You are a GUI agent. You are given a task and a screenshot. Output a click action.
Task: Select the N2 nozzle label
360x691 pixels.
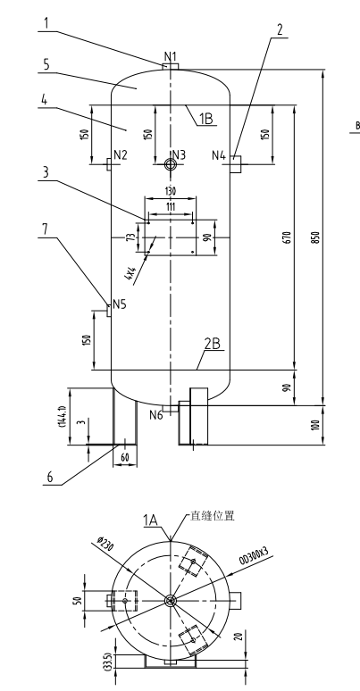click(120, 154)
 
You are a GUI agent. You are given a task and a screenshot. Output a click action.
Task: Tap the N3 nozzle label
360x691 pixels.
click(179, 154)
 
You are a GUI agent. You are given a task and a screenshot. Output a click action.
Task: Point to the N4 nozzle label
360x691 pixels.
click(219, 155)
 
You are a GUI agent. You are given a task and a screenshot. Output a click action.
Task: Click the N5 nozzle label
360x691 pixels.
click(118, 304)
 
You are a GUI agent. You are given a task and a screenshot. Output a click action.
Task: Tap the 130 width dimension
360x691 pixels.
click(168, 191)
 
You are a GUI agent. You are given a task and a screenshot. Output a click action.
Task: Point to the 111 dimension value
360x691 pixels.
click(169, 207)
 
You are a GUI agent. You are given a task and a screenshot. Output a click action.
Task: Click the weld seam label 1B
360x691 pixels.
click(205, 118)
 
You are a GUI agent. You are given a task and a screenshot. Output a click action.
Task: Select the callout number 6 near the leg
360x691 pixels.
click(53, 478)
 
